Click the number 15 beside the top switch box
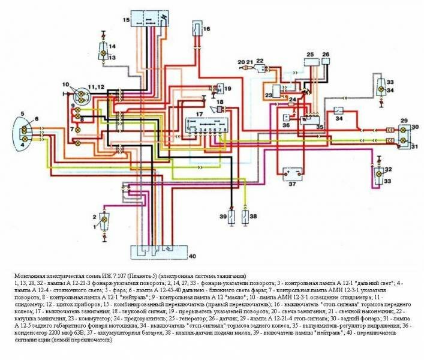(126, 20)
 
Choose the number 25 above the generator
(310, 55)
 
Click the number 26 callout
(326, 55)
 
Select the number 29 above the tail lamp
(404, 121)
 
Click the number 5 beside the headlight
(22, 113)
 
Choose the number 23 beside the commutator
(268, 94)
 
